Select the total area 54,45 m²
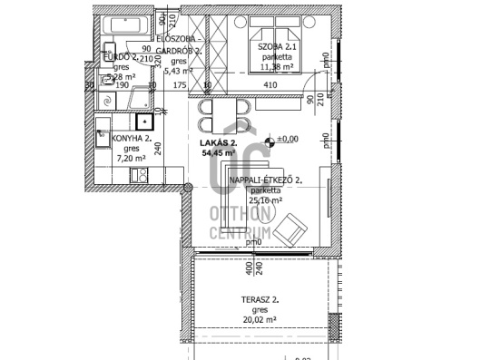218,154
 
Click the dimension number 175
179,85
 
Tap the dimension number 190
123,85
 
